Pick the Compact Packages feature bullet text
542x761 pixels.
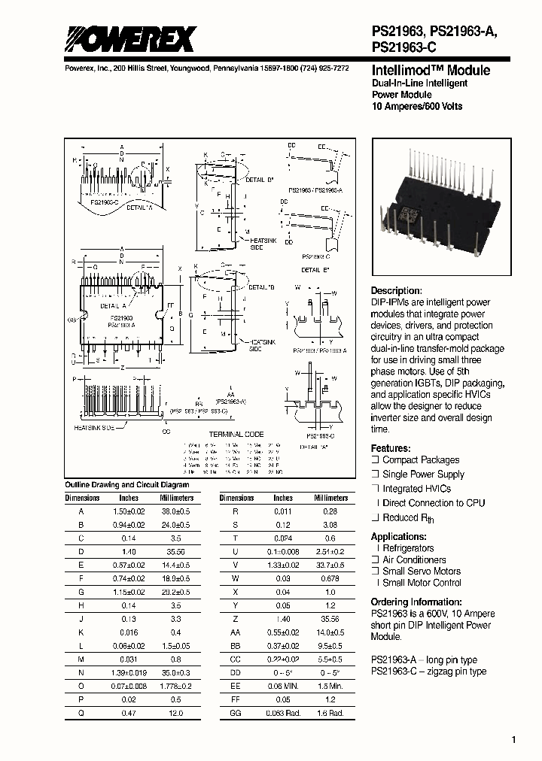click(420, 460)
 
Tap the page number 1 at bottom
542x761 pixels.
click(514, 740)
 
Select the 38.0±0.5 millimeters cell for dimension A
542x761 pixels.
click(176, 510)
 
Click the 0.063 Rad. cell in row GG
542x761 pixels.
click(283, 712)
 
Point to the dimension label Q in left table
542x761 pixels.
click(81, 712)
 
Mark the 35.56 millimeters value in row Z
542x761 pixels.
click(330, 619)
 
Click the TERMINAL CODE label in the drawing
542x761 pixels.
click(236, 435)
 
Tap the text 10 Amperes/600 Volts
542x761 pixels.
click(417, 107)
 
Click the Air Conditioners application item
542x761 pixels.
click(414, 560)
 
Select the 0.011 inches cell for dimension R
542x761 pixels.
click(283, 510)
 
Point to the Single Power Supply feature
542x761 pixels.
click(423, 474)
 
